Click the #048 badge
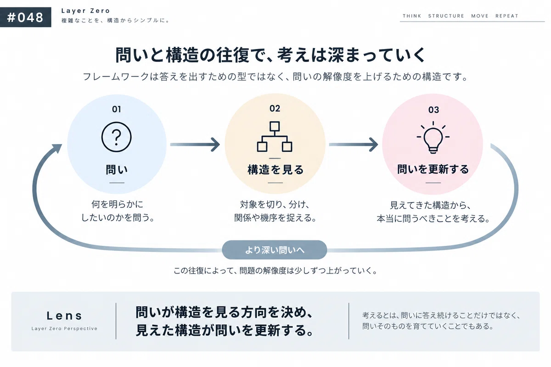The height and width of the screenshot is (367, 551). pyautogui.click(x=26, y=17)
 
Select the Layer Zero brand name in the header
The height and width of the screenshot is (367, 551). pyautogui.click(x=85, y=11)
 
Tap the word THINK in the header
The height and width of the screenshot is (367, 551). pyautogui.click(x=412, y=16)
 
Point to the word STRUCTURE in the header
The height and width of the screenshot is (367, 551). pyautogui.click(x=446, y=16)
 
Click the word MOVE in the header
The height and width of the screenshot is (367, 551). pyautogui.click(x=480, y=16)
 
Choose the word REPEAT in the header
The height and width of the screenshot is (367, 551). pyautogui.click(x=507, y=16)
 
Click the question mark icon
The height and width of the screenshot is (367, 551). pyautogui.click(x=116, y=137)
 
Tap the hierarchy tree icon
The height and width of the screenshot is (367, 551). pyautogui.click(x=275, y=136)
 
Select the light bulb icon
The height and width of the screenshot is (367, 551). pyautogui.click(x=433, y=138)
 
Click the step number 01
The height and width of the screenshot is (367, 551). pyautogui.click(x=117, y=109)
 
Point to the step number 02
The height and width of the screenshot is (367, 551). pyautogui.click(x=275, y=108)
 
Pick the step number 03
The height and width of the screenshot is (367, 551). pyautogui.click(x=433, y=110)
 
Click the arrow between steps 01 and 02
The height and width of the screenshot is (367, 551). pyautogui.click(x=195, y=145)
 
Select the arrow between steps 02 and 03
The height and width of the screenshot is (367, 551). pyautogui.click(x=354, y=145)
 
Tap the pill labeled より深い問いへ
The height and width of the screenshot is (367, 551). pyautogui.click(x=275, y=250)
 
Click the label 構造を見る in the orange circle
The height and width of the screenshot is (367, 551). pyautogui.click(x=275, y=170)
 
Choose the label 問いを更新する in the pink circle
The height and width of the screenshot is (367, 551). pyautogui.click(x=433, y=169)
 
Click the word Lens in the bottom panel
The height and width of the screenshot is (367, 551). pyautogui.click(x=64, y=316)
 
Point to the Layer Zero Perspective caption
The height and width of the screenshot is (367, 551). pyautogui.click(x=64, y=328)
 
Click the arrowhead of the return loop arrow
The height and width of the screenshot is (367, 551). pyautogui.click(x=57, y=148)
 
